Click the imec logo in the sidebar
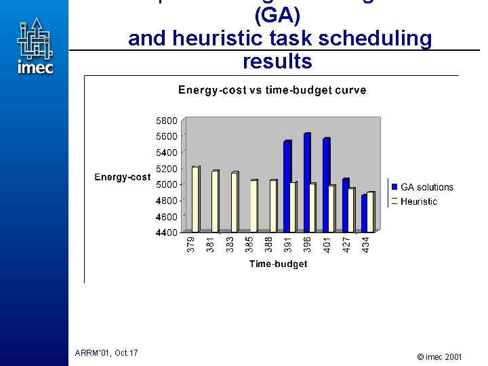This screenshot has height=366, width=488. (x=35, y=47)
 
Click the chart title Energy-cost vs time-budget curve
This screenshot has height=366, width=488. (x=272, y=90)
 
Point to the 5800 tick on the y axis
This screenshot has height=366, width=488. (x=167, y=121)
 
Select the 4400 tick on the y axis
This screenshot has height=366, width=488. (x=167, y=232)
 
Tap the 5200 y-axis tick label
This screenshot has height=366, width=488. (x=167, y=169)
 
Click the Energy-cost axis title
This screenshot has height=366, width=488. (x=122, y=177)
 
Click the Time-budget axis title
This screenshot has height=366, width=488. (x=278, y=264)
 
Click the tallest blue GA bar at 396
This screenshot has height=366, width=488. (x=306, y=183)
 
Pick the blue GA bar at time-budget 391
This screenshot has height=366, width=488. (x=287, y=186)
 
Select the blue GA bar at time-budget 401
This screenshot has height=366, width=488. (x=326, y=185)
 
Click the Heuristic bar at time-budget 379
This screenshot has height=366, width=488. (x=195, y=199)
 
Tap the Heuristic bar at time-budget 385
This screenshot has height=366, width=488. (x=253, y=205)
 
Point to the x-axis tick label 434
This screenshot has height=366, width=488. (x=366, y=244)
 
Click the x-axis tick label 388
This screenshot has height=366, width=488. (x=269, y=244)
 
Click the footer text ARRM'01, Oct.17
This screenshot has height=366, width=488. (x=106, y=352)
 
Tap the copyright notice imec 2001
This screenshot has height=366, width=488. (x=440, y=356)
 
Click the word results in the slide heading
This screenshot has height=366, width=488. (x=277, y=61)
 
